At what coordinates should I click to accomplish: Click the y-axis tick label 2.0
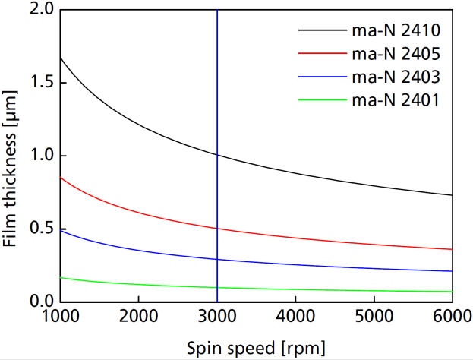38,10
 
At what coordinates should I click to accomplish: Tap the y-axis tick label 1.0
38,156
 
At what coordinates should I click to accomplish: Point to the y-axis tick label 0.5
38,229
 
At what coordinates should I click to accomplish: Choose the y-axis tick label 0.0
38,302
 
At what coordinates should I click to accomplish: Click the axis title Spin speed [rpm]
256,348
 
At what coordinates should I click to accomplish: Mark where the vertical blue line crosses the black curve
218,155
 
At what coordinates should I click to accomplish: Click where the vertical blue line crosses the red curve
218,228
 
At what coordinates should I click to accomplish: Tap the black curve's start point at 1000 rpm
60,58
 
